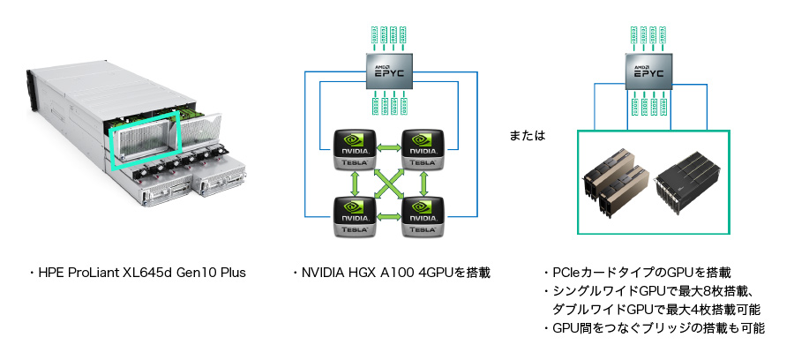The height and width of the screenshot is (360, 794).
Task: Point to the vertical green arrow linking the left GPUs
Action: point(355,183)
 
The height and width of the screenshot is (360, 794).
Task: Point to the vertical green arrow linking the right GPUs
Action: point(424,183)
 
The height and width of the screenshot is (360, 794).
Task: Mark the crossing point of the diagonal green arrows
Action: point(389,183)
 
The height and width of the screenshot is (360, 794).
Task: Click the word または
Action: point(528,137)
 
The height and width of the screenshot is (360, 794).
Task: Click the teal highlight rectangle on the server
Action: point(143,137)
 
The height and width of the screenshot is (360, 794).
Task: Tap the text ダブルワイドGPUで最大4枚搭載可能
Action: point(656,310)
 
